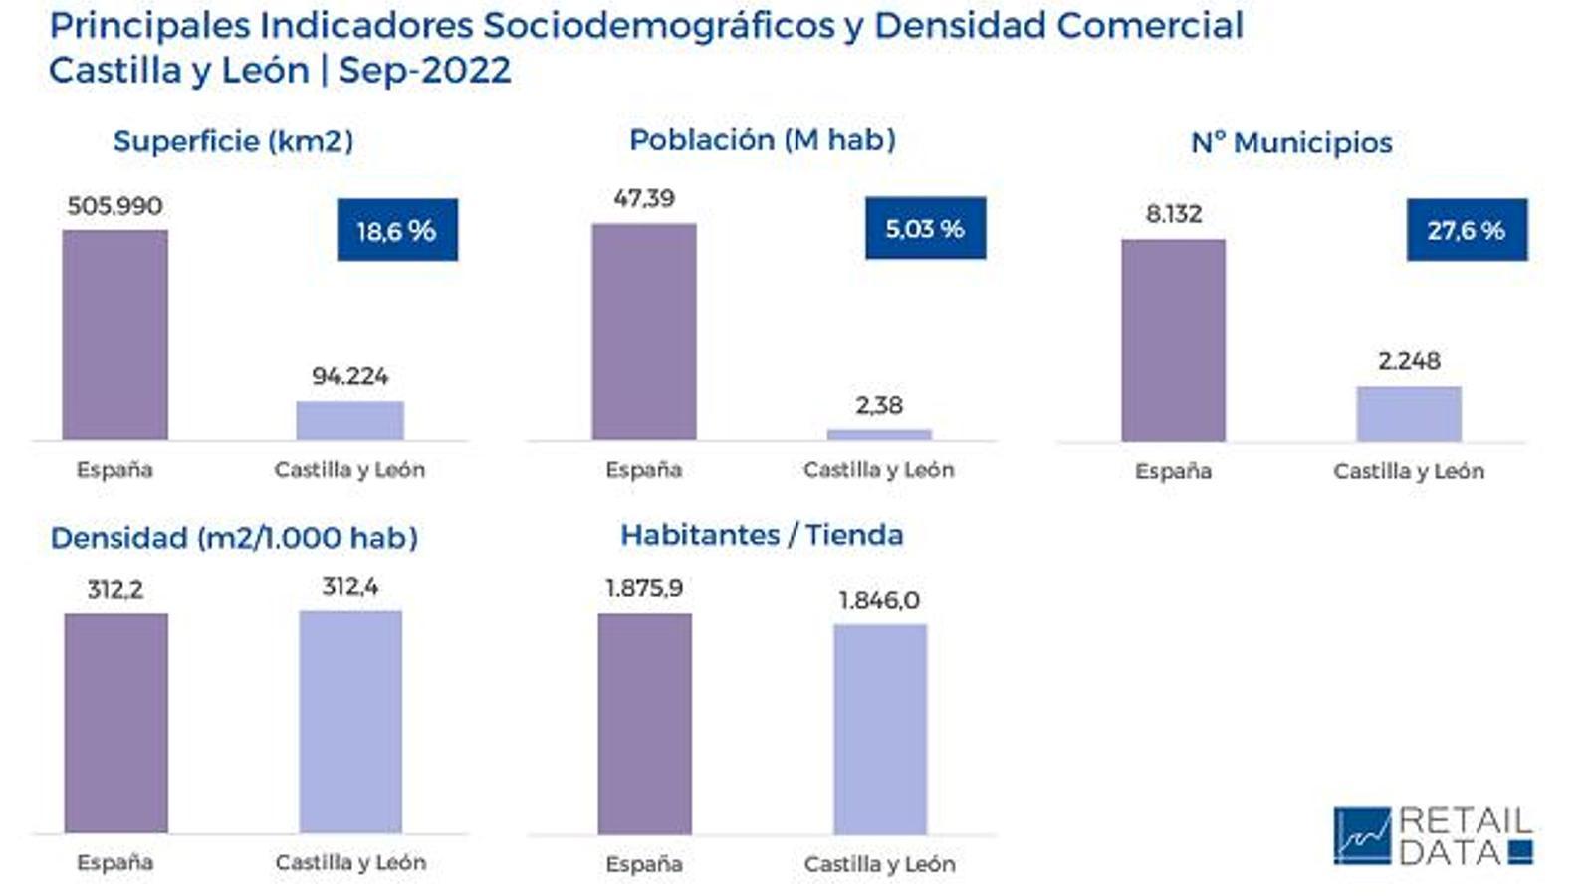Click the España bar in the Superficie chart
(x=114, y=335)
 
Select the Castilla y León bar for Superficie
(x=349, y=420)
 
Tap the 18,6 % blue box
(x=397, y=230)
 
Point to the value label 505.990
(x=114, y=206)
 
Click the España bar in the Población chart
(x=644, y=331)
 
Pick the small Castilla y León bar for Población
(x=879, y=434)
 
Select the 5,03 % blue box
(x=925, y=228)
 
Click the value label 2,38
(x=879, y=405)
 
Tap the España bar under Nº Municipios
(x=1173, y=339)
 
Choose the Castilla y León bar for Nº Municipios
(x=1409, y=413)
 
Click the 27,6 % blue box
(x=1466, y=230)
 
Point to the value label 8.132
(x=1173, y=214)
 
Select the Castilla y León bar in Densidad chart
(x=350, y=722)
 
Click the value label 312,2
(x=114, y=590)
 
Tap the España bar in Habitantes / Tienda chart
(x=644, y=724)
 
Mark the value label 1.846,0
(x=879, y=600)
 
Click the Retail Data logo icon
(x=1362, y=835)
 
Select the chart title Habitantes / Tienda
(x=762, y=535)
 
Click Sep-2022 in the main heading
(x=425, y=70)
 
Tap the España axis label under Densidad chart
(x=114, y=862)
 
